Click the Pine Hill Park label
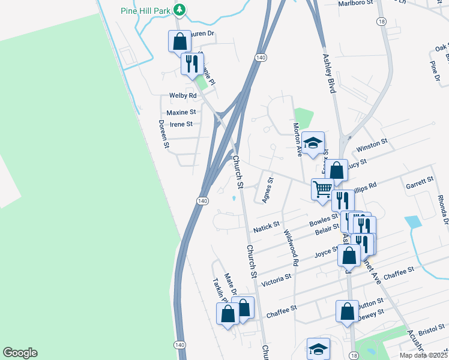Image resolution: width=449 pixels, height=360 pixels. [x=145, y=10]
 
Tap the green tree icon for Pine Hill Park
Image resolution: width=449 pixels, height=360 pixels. [x=179, y=10]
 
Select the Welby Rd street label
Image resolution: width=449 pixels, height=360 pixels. [x=183, y=95]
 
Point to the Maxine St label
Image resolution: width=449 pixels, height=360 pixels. [x=181, y=112]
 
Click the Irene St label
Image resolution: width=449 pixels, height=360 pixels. [x=181, y=124]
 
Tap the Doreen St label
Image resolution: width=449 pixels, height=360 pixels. [x=163, y=134]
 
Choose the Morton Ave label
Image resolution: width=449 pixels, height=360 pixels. [x=297, y=139]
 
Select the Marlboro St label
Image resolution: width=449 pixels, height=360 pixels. [x=356, y=2]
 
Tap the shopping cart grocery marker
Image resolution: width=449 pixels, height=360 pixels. [x=322, y=189]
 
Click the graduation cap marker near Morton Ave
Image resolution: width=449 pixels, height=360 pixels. [x=313, y=143]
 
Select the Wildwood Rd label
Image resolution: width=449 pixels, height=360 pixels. [x=291, y=247]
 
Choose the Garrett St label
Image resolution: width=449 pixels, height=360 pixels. [x=420, y=180]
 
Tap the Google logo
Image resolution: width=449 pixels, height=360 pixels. [x=20, y=353]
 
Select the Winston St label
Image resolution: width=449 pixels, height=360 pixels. [x=372, y=146]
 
